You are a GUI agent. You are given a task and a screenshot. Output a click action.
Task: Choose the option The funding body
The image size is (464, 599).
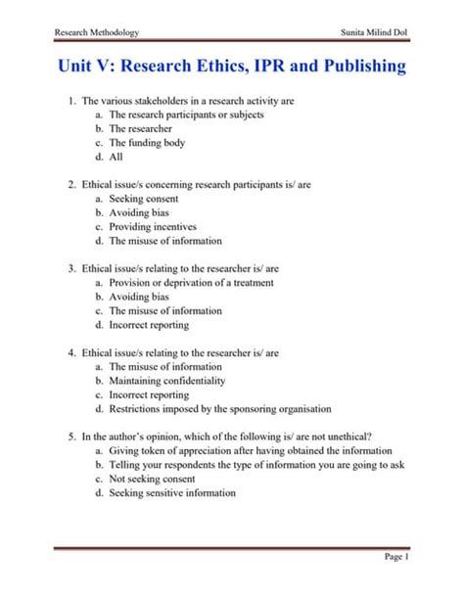pos(152,142)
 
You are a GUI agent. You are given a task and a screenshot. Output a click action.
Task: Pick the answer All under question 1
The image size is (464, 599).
pos(116,157)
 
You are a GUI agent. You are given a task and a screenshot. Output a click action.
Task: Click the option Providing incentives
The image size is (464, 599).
pos(155,226)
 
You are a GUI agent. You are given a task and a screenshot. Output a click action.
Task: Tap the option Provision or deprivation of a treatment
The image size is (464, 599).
pos(191,282)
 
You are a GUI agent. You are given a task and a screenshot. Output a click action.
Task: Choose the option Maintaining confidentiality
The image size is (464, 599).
pos(166,380)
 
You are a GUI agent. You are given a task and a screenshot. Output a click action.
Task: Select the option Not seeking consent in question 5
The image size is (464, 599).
pos(155,479)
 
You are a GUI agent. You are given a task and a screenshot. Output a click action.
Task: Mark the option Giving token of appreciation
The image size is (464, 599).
pos(250,450)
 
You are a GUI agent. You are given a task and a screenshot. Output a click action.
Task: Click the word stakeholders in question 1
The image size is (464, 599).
pos(169,100)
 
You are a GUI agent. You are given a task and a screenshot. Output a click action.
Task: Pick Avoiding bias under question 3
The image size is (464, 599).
pos(139,297)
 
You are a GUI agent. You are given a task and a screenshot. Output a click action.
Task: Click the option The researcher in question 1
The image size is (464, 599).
pos(143,128)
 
